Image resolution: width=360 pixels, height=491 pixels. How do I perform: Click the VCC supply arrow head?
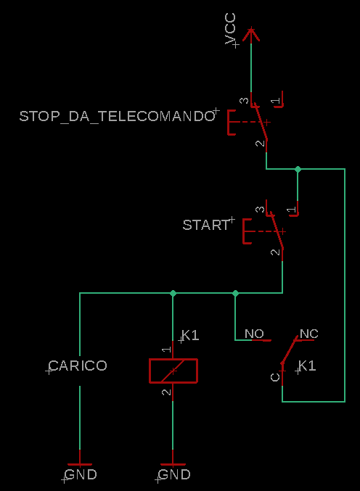point(251,34)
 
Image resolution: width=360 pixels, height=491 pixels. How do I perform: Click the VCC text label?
point(230,29)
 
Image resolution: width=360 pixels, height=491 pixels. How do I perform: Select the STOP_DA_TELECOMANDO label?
point(117,116)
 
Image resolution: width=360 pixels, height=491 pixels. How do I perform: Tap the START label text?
point(206,225)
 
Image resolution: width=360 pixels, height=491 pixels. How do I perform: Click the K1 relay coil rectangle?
point(173,371)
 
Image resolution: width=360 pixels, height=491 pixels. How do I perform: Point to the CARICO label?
point(78,366)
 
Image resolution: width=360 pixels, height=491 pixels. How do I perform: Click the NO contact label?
point(254,334)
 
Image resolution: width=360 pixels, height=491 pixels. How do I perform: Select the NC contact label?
point(309,334)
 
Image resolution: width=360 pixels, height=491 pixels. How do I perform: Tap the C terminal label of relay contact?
point(275,377)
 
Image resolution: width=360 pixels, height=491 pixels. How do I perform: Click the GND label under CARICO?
point(81,475)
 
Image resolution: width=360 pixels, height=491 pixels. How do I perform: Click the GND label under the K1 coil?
point(174,475)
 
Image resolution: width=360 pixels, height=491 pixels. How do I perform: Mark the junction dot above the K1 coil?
point(173,293)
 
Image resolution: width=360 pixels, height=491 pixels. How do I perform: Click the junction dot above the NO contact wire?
point(235,293)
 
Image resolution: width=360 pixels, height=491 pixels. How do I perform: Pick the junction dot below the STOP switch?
point(298,169)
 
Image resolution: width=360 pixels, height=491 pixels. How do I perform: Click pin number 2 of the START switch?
point(275,252)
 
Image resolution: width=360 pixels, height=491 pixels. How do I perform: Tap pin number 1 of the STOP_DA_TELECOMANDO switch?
point(275,101)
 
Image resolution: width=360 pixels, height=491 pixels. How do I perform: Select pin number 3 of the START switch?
point(260,209)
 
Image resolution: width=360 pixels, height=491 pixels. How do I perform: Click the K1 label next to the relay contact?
point(307,366)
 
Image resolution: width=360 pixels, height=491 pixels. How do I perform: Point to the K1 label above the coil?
point(190,335)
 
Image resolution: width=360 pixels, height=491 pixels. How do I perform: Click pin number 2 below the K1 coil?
point(166,392)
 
